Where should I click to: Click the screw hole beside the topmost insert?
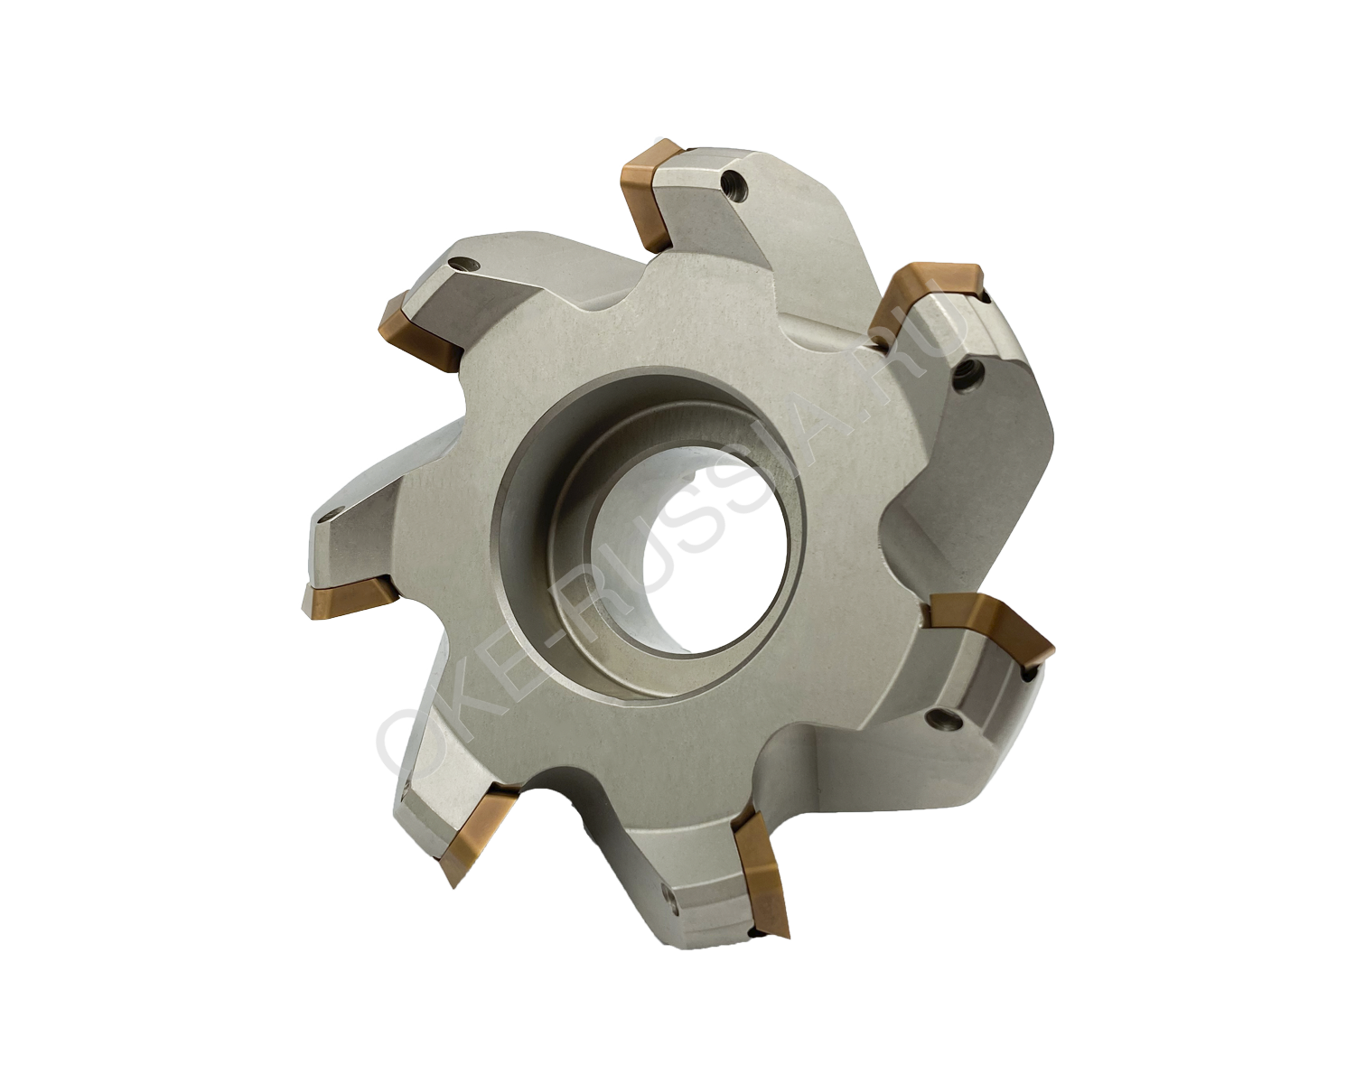click(x=735, y=184)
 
